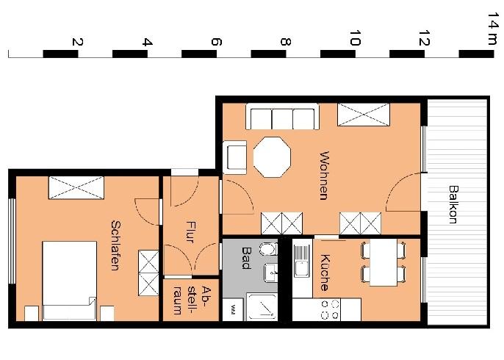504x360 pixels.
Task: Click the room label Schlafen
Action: (x=115, y=245)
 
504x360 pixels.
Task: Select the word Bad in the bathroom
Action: (x=247, y=257)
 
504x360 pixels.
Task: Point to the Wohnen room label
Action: (x=324, y=176)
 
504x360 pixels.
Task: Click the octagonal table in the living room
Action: (x=272, y=156)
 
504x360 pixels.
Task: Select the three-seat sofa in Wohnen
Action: (x=282, y=118)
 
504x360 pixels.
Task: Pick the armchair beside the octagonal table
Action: (x=236, y=156)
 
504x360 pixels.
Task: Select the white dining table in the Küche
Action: (x=382, y=263)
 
